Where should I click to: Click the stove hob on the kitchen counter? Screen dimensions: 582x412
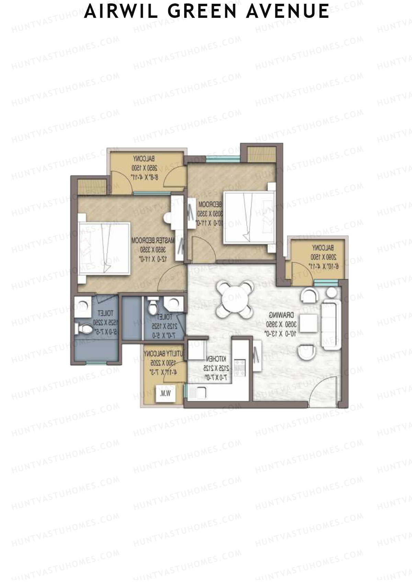coord(239,367)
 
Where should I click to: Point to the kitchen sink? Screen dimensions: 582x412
coord(198,392)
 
